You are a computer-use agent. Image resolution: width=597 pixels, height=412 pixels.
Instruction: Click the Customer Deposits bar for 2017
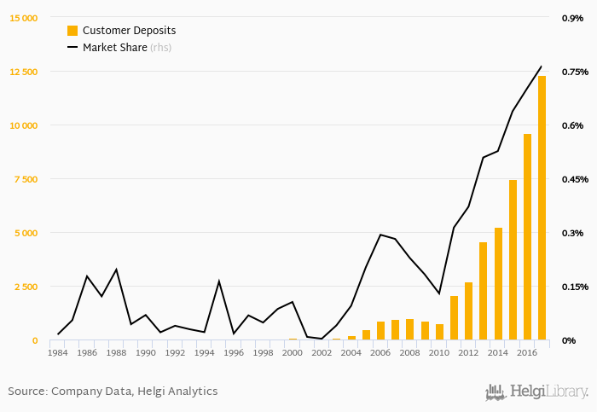click(542, 208)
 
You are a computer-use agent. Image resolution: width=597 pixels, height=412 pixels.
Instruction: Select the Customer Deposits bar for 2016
click(527, 237)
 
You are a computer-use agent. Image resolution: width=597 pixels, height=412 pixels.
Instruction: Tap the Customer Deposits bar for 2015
click(513, 260)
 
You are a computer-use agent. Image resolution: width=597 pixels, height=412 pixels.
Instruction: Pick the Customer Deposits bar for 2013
click(484, 291)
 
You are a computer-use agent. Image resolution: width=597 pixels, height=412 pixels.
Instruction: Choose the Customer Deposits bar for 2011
click(454, 318)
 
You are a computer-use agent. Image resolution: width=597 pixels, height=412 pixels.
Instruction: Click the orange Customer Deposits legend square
click(72, 31)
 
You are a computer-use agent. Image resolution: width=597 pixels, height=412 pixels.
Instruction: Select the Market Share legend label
click(114, 48)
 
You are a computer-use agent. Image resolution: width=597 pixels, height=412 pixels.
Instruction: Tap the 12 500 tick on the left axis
click(23, 72)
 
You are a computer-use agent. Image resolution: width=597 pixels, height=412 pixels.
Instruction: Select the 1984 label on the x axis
click(58, 352)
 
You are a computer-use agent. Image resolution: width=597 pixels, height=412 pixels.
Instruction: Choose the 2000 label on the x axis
click(293, 352)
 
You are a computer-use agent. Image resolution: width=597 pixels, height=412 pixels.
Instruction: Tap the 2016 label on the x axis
click(527, 352)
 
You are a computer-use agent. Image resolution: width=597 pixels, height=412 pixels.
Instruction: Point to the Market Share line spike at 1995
click(219, 281)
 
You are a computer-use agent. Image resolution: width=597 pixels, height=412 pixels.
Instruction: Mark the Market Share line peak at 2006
click(380, 235)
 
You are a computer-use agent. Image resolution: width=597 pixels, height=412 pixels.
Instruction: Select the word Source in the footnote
click(26, 392)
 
